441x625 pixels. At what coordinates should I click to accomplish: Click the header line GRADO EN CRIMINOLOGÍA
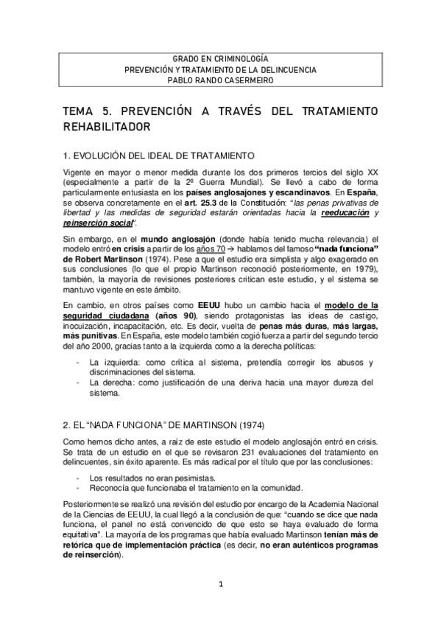pyautogui.click(x=220, y=57)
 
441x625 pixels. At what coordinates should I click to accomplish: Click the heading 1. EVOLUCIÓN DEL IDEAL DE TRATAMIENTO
pyautogui.click(x=158, y=156)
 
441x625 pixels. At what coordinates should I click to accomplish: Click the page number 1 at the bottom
pyautogui.click(x=220, y=584)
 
